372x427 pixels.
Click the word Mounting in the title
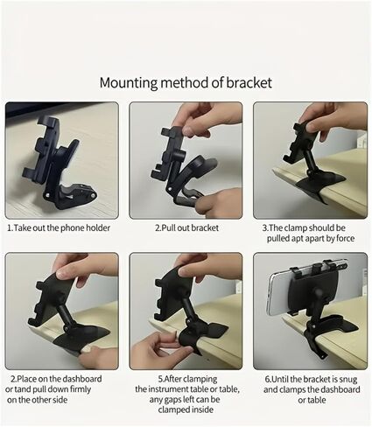point(129,83)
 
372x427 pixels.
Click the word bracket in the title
point(249,83)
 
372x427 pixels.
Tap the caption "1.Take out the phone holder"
point(59,227)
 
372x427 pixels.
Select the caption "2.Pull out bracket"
point(186,227)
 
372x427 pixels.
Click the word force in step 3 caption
point(346,238)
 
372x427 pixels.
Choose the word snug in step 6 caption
point(348,380)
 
